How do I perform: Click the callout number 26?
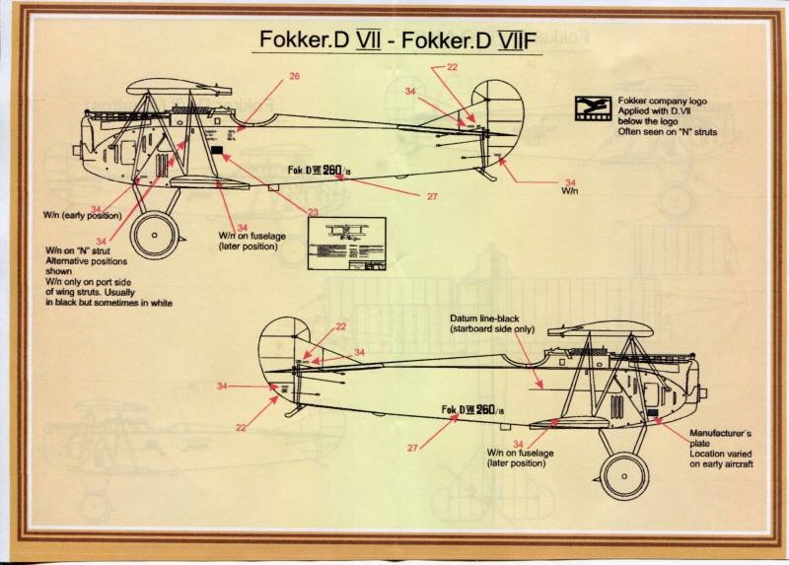[x=294, y=76]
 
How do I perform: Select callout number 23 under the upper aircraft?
[x=313, y=212]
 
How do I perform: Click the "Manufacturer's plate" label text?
[x=722, y=434]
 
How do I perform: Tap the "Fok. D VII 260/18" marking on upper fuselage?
[x=318, y=171]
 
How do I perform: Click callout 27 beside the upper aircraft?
[x=432, y=196]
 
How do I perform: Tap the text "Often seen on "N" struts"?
[x=668, y=131]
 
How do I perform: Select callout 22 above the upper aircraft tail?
[x=452, y=67]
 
